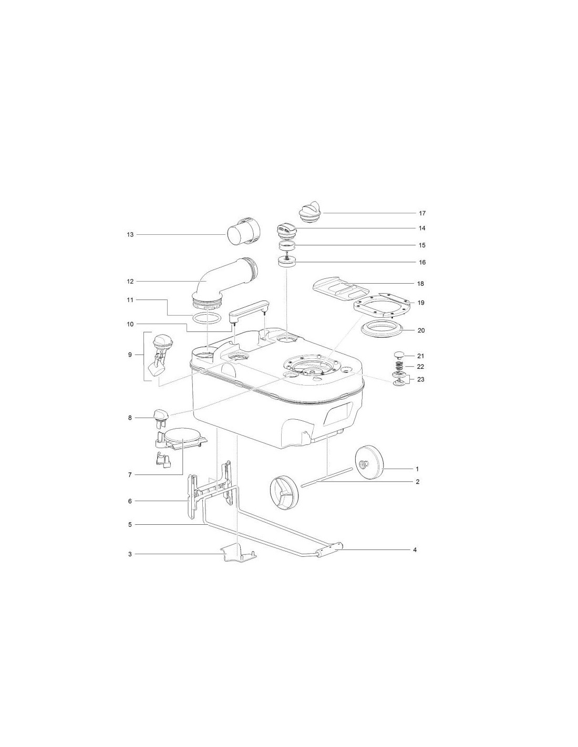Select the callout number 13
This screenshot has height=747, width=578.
coord(130,235)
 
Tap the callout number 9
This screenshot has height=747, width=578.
coord(130,355)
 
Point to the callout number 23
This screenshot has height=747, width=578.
coord(421,379)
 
